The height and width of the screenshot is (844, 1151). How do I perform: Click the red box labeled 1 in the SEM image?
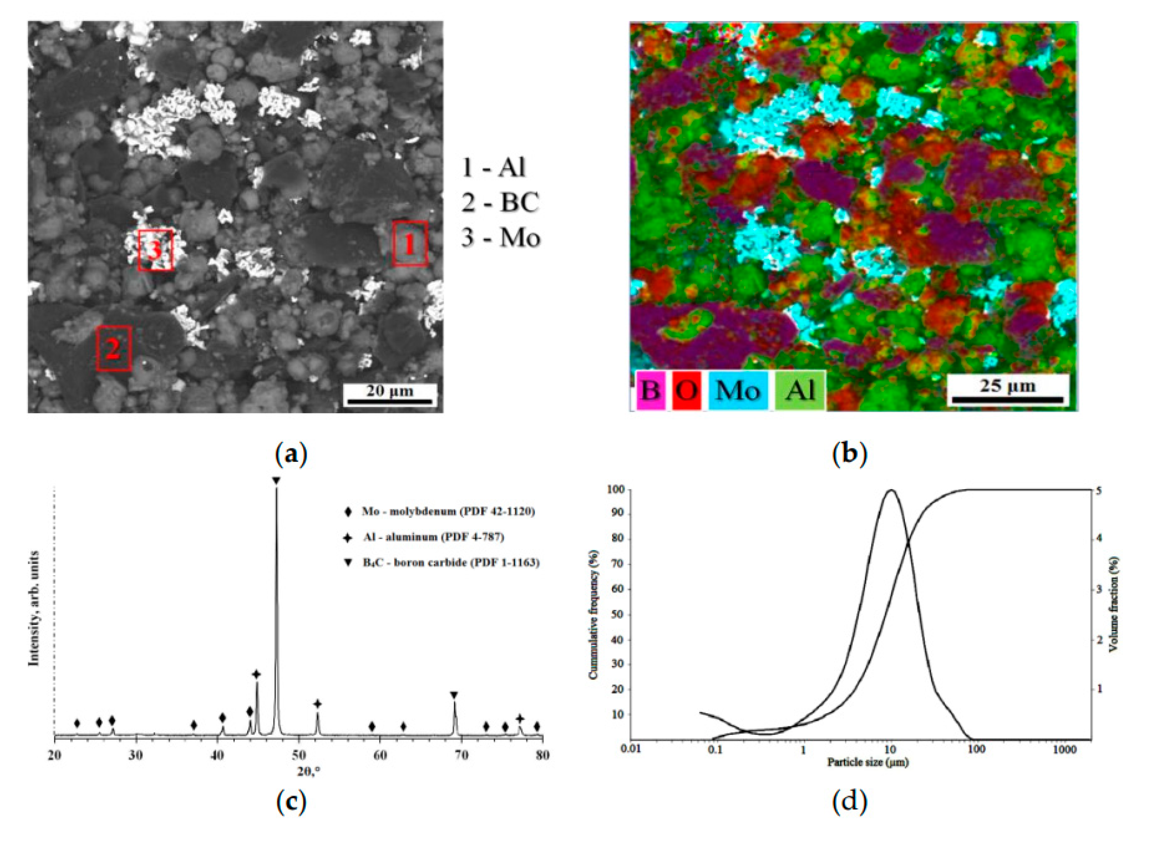pos(409,244)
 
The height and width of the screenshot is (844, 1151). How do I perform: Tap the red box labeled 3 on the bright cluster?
pos(155,250)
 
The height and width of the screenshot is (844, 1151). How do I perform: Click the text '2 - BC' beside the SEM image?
pos(500,203)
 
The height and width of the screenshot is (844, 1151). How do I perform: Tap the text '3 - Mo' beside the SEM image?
pos(500,238)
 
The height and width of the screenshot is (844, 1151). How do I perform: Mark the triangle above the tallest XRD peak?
pos(276,481)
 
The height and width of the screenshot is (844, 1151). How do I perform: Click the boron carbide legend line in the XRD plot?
pos(442,563)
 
